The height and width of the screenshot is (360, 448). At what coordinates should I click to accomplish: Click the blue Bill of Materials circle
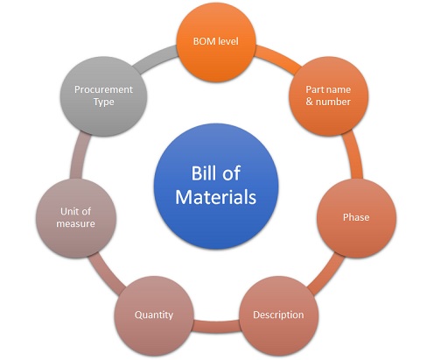tap(216, 187)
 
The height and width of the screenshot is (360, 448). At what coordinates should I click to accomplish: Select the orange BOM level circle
tap(216, 42)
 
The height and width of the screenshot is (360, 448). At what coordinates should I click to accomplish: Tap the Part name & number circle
tap(328, 96)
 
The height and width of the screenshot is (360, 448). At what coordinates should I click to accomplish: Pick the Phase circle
tap(356, 218)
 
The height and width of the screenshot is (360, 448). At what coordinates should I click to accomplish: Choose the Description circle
tap(278, 315)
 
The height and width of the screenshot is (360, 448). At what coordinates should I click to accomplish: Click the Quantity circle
tap(154, 315)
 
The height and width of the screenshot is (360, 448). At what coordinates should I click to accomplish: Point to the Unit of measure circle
tap(76, 218)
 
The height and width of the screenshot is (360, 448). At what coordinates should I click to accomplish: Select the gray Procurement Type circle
tap(103, 96)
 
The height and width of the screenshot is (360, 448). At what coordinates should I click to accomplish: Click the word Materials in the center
tap(216, 197)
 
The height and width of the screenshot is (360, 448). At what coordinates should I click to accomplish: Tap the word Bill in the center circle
tap(203, 173)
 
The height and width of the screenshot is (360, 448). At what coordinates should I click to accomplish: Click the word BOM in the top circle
tap(204, 41)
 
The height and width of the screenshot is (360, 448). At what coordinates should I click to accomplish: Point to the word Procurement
tap(103, 89)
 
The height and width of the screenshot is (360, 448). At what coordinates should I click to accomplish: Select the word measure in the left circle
tap(75, 223)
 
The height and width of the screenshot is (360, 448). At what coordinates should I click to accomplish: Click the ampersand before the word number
tap(310, 102)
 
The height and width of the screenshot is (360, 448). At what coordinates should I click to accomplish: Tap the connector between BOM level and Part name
tap(277, 59)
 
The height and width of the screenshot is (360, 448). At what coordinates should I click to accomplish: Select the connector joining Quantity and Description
tap(216, 327)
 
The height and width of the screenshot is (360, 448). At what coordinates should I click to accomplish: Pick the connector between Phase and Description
tap(325, 274)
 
